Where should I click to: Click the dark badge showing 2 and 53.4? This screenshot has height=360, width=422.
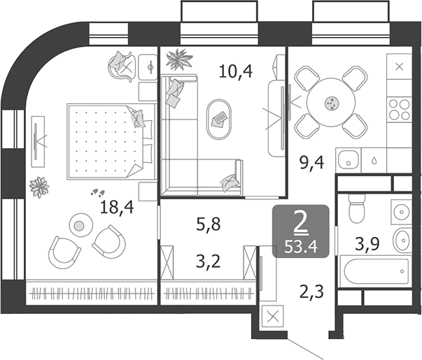pos(302,231)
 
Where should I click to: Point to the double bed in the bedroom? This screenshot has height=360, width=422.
pos(108,141)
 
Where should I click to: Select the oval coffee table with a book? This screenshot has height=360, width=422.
pos(219,116)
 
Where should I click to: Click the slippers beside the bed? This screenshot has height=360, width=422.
pos(97,192)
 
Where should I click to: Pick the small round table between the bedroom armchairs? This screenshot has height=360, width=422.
pos(79,225)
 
